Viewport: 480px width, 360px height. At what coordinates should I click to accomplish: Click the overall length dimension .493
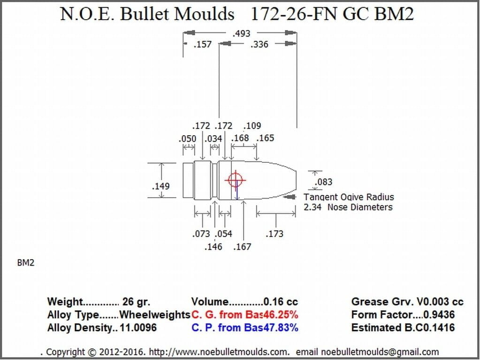pyautogui.click(x=241, y=33)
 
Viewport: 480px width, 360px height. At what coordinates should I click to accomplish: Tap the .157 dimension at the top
pyautogui.click(x=203, y=45)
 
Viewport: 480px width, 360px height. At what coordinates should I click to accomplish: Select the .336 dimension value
pyautogui.click(x=259, y=45)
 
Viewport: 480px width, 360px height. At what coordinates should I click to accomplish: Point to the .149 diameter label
pyautogui.click(x=161, y=186)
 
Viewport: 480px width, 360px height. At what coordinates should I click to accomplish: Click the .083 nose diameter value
pyautogui.click(x=323, y=182)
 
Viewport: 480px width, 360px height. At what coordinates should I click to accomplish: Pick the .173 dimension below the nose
pyautogui.click(x=274, y=234)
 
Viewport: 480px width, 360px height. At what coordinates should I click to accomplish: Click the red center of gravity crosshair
pyautogui.click(x=235, y=180)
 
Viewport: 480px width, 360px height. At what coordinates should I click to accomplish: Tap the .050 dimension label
pyautogui.click(x=187, y=139)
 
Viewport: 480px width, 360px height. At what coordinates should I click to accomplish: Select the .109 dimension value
pyautogui.click(x=252, y=126)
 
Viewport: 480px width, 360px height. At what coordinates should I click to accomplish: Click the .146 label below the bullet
pyautogui.click(x=213, y=247)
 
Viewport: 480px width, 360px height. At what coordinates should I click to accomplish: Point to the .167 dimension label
pyautogui.click(x=242, y=247)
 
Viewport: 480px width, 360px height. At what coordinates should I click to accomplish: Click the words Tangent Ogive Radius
pyautogui.click(x=349, y=197)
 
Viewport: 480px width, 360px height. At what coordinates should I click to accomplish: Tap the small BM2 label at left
pyautogui.click(x=26, y=263)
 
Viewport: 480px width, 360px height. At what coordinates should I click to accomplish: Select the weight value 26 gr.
pyautogui.click(x=137, y=302)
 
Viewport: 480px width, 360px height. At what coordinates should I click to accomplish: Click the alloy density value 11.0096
pyautogui.click(x=138, y=328)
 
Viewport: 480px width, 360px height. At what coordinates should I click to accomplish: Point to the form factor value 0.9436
pyautogui.click(x=439, y=314)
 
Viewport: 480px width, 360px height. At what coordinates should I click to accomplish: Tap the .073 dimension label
pyautogui.click(x=201, y=234)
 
